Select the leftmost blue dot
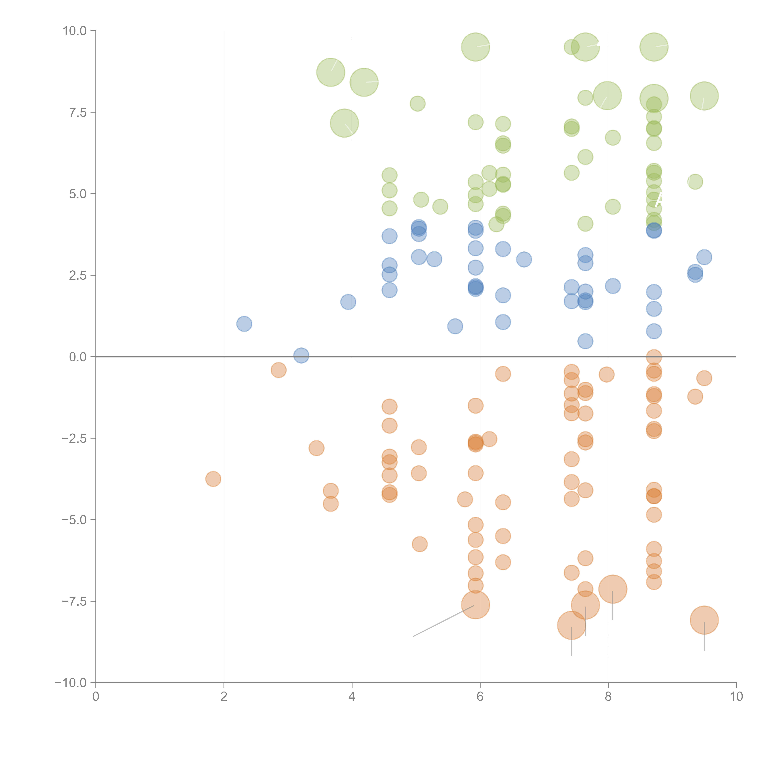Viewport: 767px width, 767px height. point(244,324)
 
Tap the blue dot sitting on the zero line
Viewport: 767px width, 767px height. point(301,355)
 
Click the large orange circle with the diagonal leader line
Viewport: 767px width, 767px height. point(476,605)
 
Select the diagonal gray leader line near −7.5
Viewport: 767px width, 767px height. point(443,621)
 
